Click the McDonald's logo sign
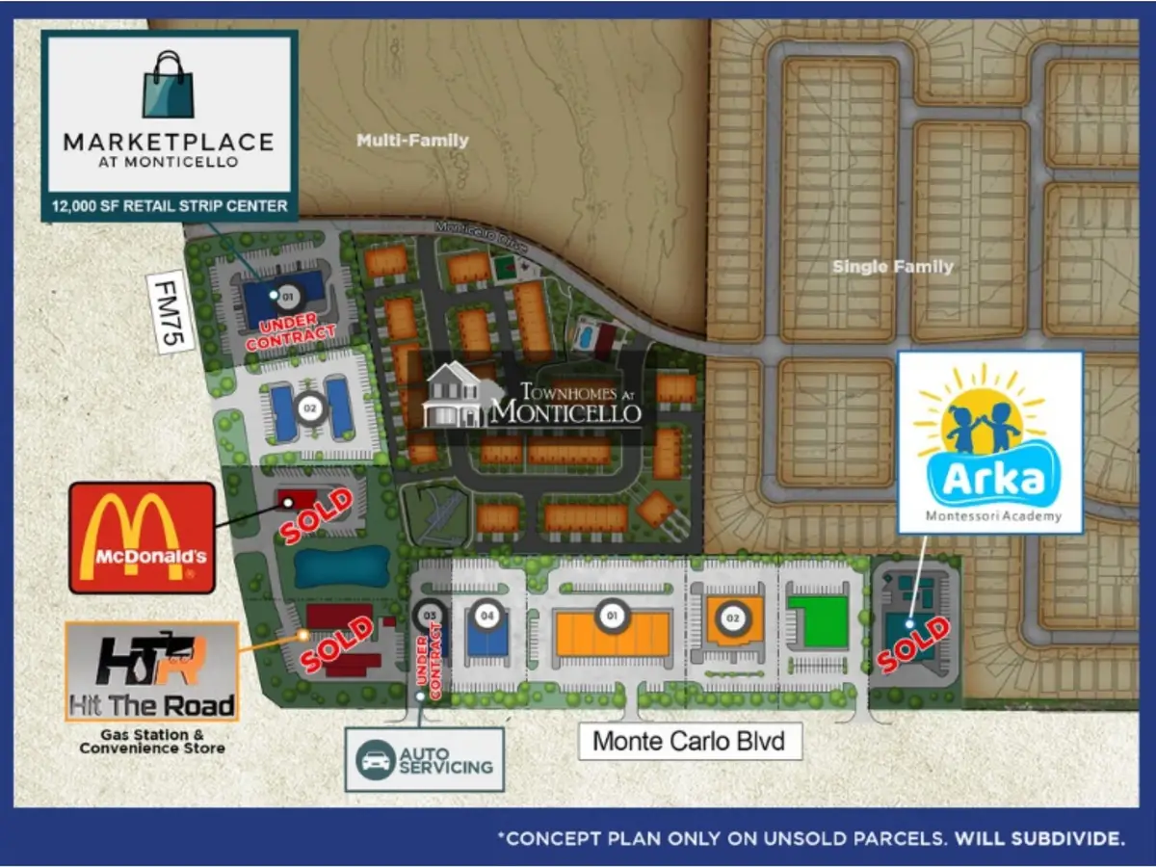point(142,538)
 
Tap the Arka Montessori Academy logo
point(989,441)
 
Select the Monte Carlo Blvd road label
point(690,741)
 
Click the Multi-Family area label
point(412,141)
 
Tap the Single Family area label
point(893,267)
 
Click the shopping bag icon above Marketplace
point(168,84)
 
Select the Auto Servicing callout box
point(425,759)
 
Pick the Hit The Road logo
point(152,670)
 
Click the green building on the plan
point(818,621)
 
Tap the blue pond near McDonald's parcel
point(341,567)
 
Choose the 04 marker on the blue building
point(487,616)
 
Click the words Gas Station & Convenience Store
point(152,741)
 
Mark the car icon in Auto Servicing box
point(376,759)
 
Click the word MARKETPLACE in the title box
point(169,142)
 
